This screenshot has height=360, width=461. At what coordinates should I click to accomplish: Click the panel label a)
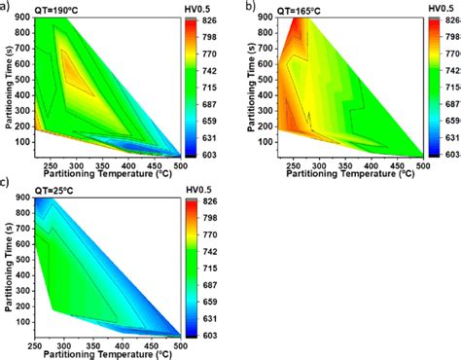tap(7, 7)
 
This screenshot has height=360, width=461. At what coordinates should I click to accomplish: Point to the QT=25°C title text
tap(45, 188)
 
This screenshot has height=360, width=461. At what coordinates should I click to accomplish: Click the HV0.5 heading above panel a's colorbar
tap(197, 7)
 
